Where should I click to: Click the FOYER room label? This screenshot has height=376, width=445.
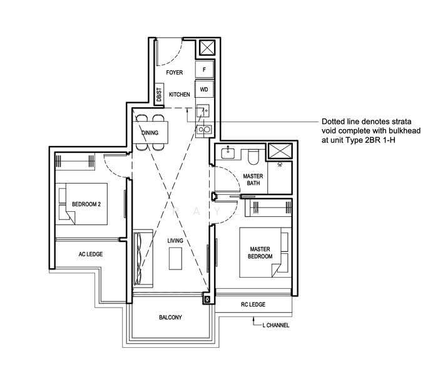[174, 73]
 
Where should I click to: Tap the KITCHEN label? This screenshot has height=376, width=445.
[180, 95]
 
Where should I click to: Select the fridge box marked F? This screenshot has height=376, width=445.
[204, 70]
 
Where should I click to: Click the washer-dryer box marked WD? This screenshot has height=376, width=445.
[204, 89]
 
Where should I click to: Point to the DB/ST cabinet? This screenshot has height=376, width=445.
[159, 94]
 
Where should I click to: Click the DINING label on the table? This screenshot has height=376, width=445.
[150, 133]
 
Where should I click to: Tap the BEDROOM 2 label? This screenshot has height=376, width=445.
[86, 204]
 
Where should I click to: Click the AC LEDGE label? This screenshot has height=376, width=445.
[91, 254]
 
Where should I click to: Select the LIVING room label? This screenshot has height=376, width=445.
[175, 241]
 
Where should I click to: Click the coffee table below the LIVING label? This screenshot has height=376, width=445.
[175, 258]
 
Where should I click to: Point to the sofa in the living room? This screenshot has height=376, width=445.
[143, 258]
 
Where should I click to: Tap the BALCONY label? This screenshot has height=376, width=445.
[170, 318]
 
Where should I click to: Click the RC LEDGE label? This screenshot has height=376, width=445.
[253, 305]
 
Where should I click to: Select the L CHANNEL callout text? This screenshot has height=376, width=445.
[275, 325]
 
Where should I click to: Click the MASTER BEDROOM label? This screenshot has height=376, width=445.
[260, 253]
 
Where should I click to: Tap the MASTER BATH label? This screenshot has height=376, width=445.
[253, 180]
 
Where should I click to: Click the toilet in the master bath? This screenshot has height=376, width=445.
[253, 158]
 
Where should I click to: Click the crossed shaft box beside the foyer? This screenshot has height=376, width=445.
[208, 48]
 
